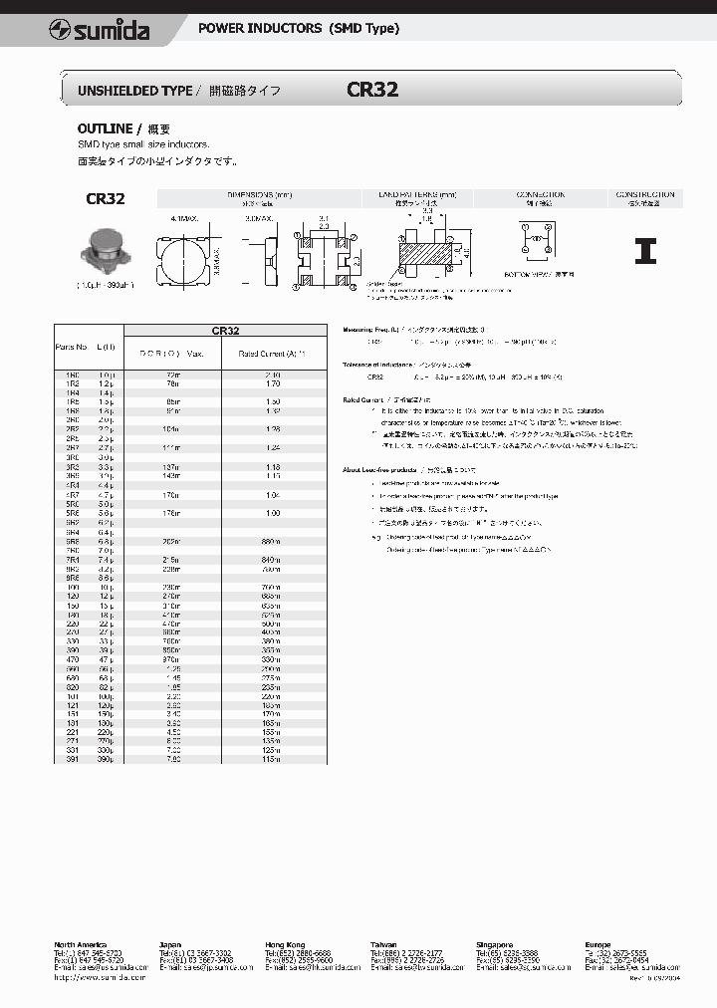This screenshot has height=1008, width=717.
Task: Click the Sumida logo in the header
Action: point(100,31)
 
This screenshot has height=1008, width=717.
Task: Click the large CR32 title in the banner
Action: point(372,90)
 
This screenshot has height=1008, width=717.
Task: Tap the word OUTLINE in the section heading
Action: point(105,129)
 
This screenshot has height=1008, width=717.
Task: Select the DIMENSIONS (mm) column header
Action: point(259,195)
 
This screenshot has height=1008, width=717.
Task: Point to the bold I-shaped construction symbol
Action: point(645,251)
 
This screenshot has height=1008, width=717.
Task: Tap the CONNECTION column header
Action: point(541,195)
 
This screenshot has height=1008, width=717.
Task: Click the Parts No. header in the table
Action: point(71,347)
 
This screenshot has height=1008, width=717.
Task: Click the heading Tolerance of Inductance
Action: point(390,366)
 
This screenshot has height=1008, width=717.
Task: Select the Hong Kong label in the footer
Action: point(286,943)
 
